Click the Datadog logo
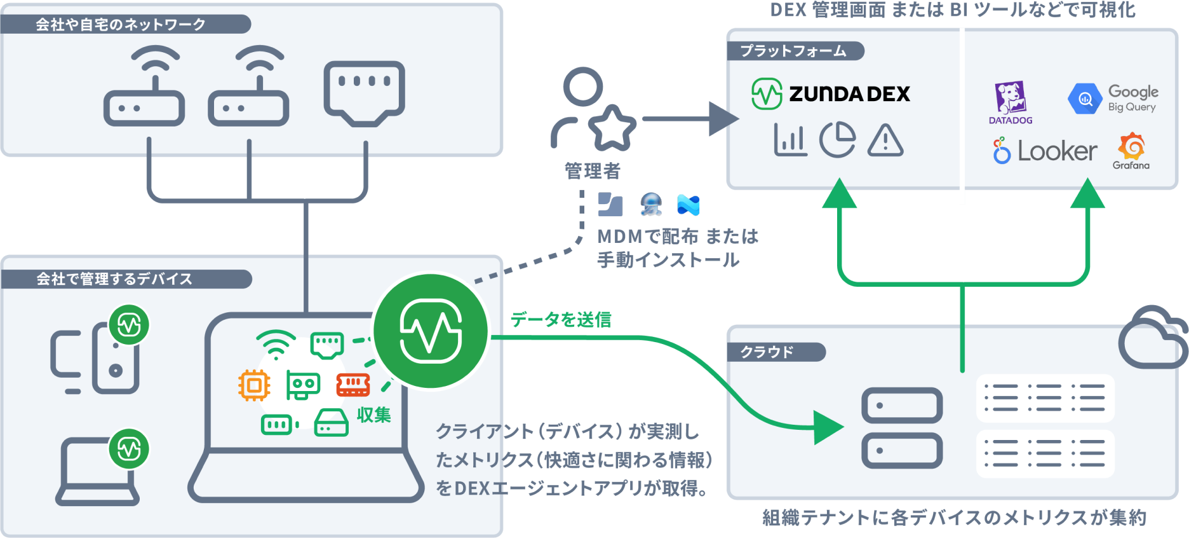pyautogui.click(x=1010, y=102)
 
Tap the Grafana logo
pyautogui.click(x=1131, y=151)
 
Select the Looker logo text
pyautogui.click(x=1057, y=151)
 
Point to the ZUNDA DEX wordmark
pyautogui.click(x=849, y=94)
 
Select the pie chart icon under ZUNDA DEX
pyautogui.click(x=837, y=140)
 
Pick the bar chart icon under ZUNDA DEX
pyautogui.click(x=790, y=140)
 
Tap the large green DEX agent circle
pyautogui.click(x=431, y=331)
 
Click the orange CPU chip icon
pyautogui.click(x=254, y=385)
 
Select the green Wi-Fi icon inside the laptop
pyautogui.click(x=276, y=345)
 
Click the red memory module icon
pyautogui.click(x=353, y=384)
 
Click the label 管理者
pyautogui.click(x=593, y=170)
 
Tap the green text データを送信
pyautogui.click(x=561, y=319)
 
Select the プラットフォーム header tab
pyautogui.click(x=794, y=51)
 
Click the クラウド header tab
pyautogui.click(x=767, y=352)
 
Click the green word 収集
pyautogui.click(x=373, y=415)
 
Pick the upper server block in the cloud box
pyautogui.click(x=901, y=406)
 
